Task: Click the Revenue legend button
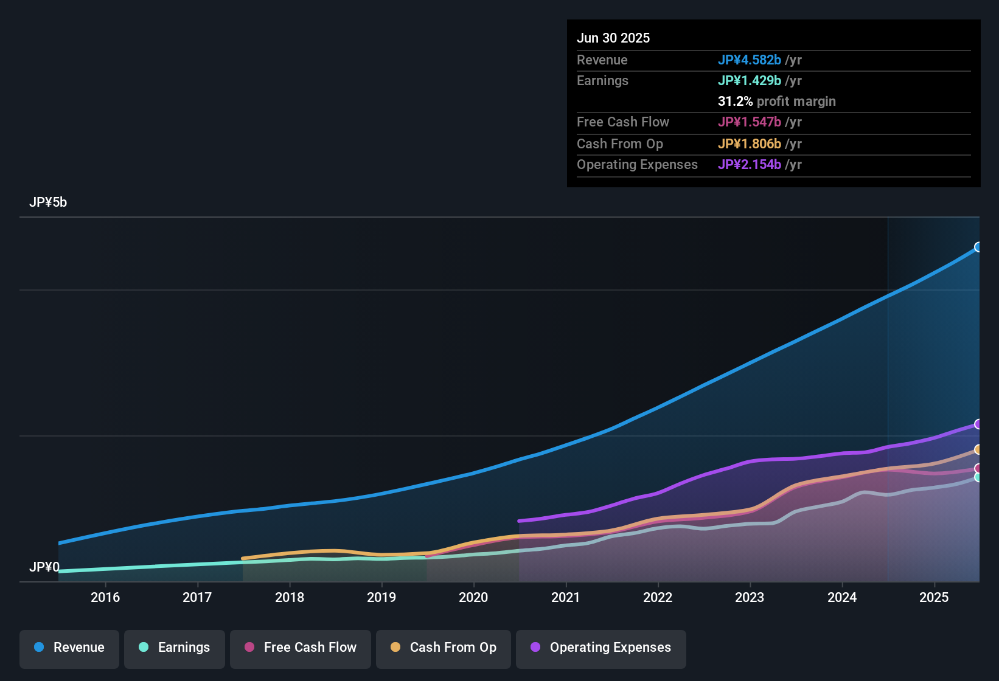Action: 69,648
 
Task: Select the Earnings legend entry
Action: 175,648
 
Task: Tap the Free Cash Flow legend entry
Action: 301,648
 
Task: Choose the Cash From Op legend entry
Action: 444,648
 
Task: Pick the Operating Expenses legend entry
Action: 601,648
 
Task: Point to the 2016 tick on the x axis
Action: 105,597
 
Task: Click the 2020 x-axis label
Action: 473,597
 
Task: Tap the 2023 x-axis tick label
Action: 750,597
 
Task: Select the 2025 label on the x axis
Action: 934,597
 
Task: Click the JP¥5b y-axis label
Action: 48,202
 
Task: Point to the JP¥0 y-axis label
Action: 44,567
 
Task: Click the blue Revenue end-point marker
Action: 978,247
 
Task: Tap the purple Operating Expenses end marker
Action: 978,424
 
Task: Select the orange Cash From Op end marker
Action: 978,449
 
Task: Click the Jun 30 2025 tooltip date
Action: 613,38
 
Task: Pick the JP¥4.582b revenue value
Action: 749,60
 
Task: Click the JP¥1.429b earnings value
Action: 749,81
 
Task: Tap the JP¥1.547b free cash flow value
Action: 749,122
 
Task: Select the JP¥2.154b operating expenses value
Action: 749,165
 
